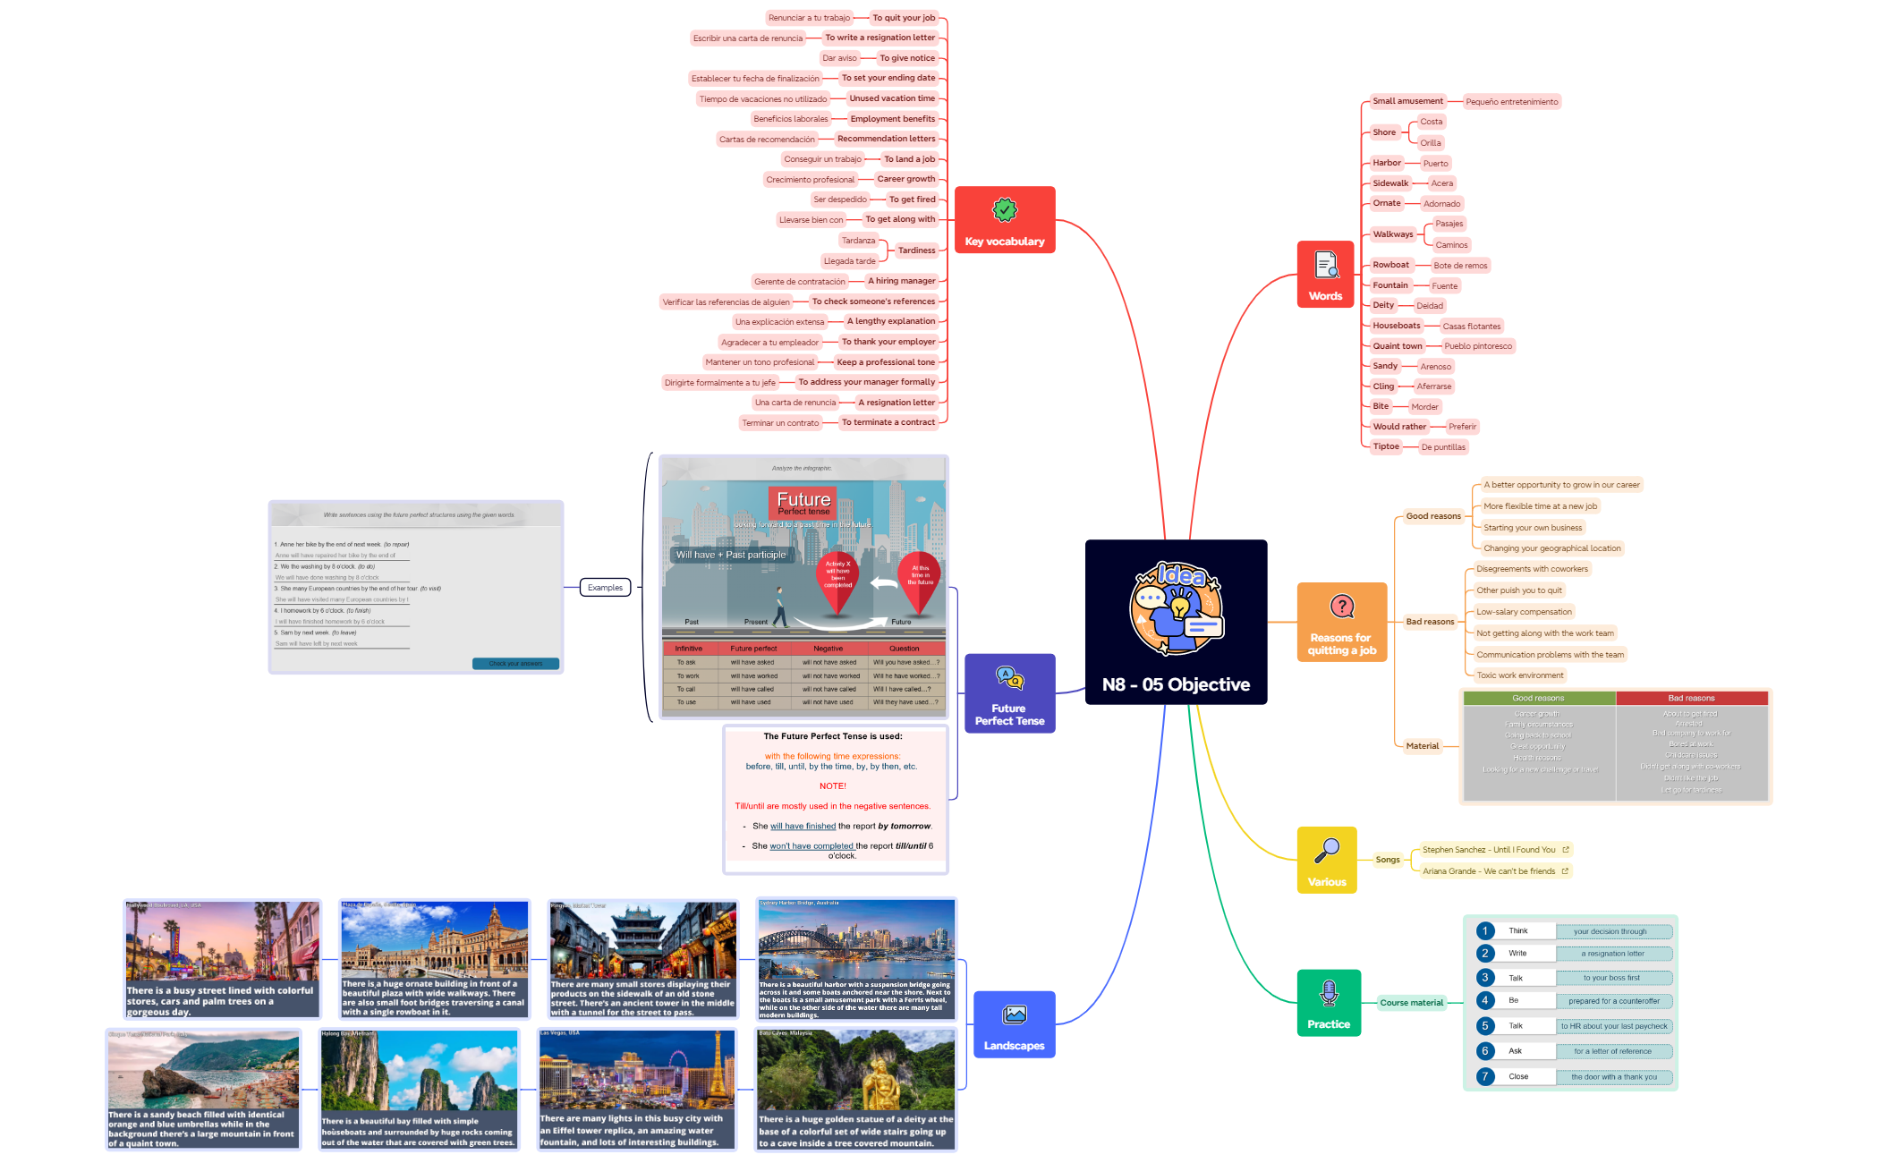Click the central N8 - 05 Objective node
pos(1176,622)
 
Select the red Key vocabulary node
pos(1004,220)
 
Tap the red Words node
pos(1325,275)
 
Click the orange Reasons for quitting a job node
pos(1341,623)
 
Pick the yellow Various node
pos(1326,860)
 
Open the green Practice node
pos(1329,1003)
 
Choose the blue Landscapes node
pos(1014,1024)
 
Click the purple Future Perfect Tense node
pos(1009,693)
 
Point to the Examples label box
pos(605,588)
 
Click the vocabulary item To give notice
pos(906,58)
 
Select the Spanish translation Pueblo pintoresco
pos(1477,346)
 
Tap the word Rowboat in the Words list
pos(1390,265)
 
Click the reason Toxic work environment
pos(1519,675)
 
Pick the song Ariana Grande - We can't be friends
pos(1488,871)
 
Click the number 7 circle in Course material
pos(1485,1076)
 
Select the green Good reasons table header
pos(1538,698)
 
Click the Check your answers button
pos(515,664)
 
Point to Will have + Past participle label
pos(730,555)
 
